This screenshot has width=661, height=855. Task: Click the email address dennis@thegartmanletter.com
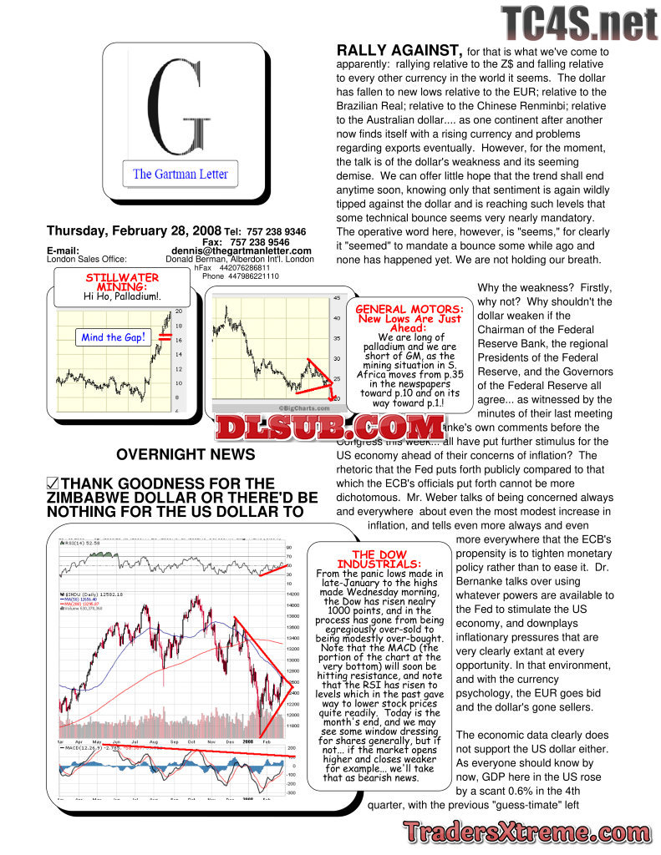pos(242,250)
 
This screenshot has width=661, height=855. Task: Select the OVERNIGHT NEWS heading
pos(186,455)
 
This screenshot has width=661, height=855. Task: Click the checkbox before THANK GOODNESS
pos(53,484)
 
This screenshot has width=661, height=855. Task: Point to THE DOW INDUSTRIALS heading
pos(379,559)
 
